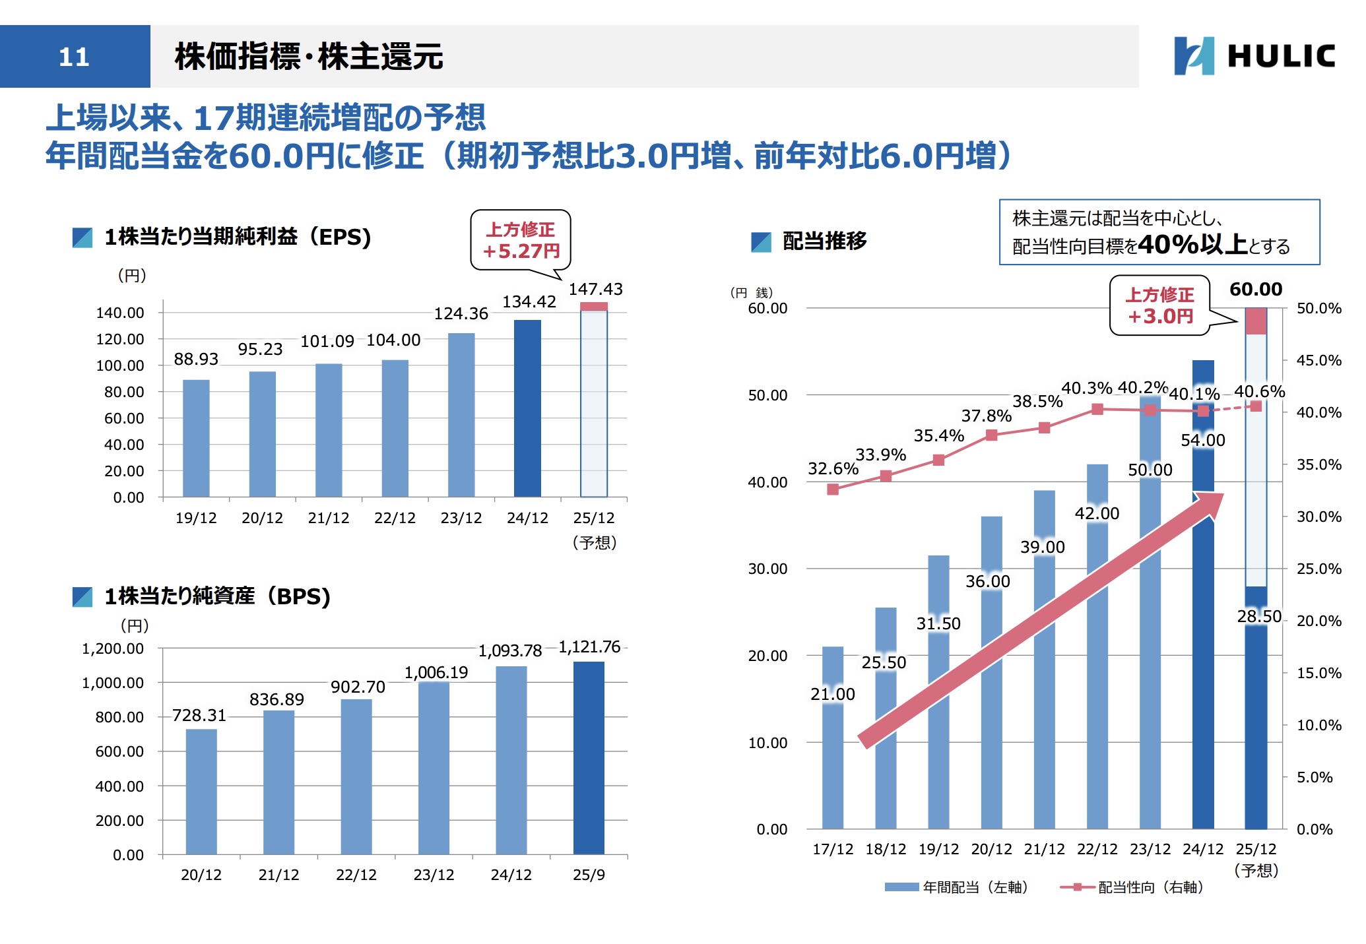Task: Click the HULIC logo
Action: click(1254, 55)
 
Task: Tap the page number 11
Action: click(74, 57)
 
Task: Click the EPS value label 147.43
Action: click(595, 289)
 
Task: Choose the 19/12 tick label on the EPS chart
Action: click(196, 518)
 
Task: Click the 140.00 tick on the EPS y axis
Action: click(120, 313)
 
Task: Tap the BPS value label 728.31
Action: click(199, 715)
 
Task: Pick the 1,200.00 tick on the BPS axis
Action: click(113, 648)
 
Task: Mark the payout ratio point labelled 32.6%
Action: click(833, 489)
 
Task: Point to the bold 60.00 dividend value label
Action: click(1256, 289)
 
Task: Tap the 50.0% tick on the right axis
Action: click(1318, 308)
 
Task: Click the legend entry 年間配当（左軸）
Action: click(957, 887)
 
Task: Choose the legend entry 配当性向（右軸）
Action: click(1132, 887)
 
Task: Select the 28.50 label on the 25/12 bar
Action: click(1259, 616)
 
